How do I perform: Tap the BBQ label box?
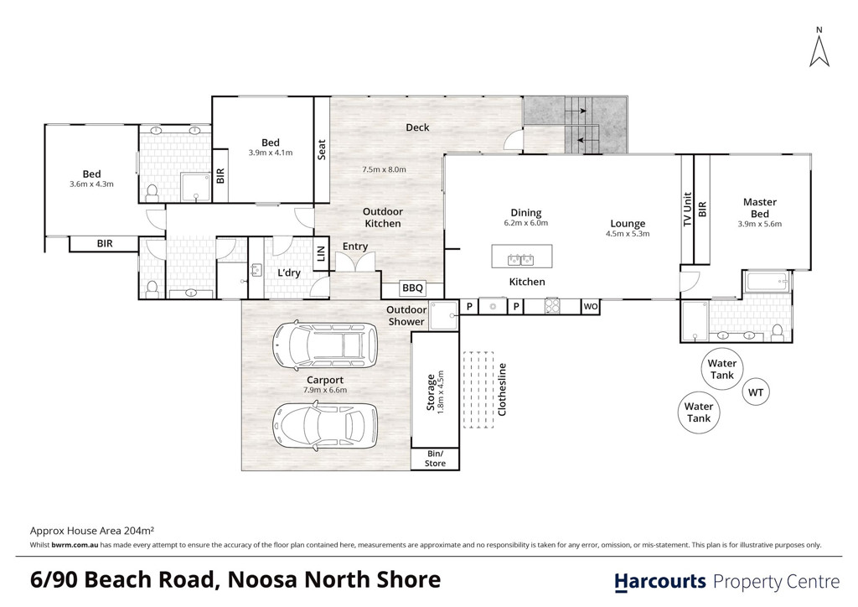pos(412,288)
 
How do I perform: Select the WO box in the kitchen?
pos(591,307)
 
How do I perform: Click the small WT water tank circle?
pos(756,392)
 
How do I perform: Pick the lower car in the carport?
pos(325,425)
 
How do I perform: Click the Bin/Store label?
pos(435,459)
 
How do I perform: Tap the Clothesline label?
pos(503,389)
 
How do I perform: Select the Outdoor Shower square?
pos(444,315)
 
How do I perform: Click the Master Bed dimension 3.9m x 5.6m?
pos(759,224)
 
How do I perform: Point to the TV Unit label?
pos(688,209)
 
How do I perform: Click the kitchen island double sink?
pos(521,259)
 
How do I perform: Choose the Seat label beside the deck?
pos(322,149)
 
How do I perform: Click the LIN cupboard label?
pos(321,253)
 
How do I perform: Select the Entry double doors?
pos(355,264)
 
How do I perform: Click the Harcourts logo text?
pos(660,582)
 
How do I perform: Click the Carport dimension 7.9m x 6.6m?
pos(325,390)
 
